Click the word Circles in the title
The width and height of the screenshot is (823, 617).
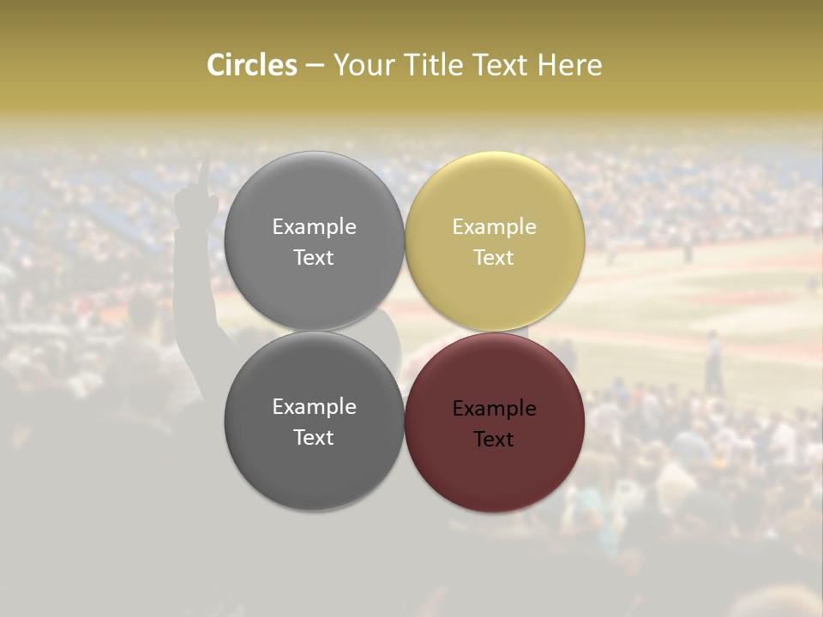[x=252, y=65]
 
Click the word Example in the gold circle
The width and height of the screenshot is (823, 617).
[x=494, y=227]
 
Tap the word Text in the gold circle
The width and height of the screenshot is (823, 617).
[x=494, y=257]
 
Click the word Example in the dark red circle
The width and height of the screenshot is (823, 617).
[x=494, y=409]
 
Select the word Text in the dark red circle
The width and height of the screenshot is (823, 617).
[x=494, y=439]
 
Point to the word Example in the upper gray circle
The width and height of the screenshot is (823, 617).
[x=314, y=227]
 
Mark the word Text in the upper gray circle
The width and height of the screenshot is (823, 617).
[x=314, y=257]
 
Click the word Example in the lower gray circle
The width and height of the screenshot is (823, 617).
[x=314, y=407]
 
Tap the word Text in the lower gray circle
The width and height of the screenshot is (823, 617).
[x=314, y=437]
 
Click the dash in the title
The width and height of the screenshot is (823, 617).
[x=315, y=65]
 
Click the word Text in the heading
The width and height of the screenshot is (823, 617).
[x=502, y=65]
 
